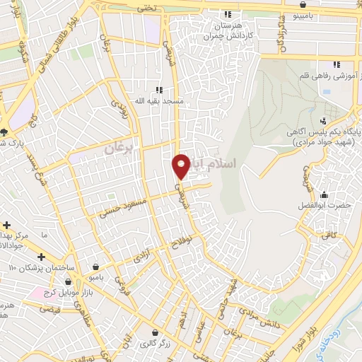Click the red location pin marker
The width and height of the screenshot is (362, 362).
182,165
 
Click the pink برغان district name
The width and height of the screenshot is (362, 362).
118,149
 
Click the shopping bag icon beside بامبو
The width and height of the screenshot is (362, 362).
95,267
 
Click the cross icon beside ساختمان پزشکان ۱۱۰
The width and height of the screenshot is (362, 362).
41,256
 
